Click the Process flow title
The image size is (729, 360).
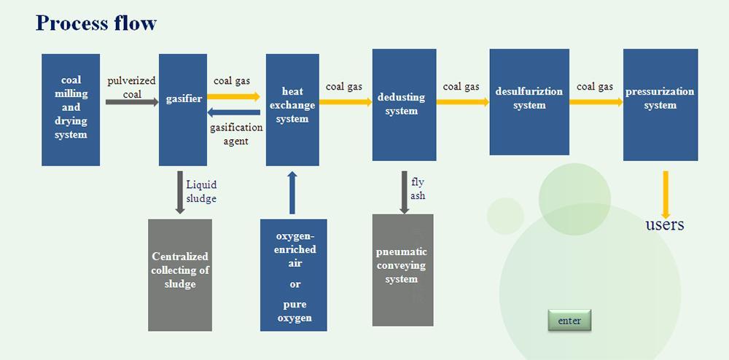96,23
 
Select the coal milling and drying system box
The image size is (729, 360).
71,109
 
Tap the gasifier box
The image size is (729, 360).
183,109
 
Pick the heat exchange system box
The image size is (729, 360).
292,109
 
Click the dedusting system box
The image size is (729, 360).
404,104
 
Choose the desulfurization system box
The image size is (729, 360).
529,102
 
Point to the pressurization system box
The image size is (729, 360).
660,104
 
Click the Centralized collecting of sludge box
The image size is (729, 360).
180,275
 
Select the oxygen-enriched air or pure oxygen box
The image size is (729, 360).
293,275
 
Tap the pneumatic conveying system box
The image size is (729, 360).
402,270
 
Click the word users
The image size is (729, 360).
665,225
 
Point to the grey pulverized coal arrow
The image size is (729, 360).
132,102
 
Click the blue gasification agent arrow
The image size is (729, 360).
233,112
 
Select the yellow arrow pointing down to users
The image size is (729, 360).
666,195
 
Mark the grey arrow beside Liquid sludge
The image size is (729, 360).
180,192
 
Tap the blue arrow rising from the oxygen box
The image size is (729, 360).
292,192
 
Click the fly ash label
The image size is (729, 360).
418,189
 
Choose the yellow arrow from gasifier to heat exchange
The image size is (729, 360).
233,97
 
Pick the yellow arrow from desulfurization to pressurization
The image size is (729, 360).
596,102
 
